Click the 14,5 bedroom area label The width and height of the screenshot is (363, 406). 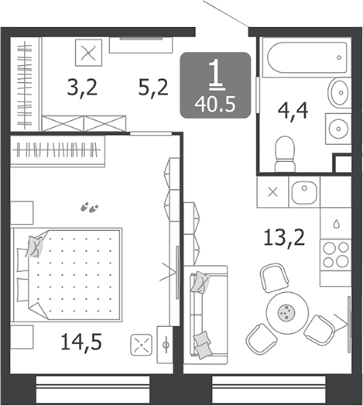point(81,342)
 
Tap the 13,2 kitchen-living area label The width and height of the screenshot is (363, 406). point(284,238)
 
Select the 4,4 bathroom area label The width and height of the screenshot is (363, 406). point(293,111)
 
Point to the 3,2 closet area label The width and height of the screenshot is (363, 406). point(82,88)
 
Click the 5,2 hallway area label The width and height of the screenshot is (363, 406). point(153,88)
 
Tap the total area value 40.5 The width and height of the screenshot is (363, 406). point(215,105)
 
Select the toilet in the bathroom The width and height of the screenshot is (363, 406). point(285,154)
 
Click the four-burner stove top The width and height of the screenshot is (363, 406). point(336,255)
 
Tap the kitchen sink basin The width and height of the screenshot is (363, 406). point(304,192)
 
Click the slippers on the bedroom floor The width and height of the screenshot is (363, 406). point(90,208)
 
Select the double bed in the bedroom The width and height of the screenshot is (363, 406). point(68,275)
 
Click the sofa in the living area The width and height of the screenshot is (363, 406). point(205,315)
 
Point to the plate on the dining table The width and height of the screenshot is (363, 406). point(286,313)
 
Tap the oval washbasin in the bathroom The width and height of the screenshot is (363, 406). point(338,93)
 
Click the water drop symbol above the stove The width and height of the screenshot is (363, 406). point(336,224)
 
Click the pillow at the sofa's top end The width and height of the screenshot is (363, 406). point(200,282)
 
